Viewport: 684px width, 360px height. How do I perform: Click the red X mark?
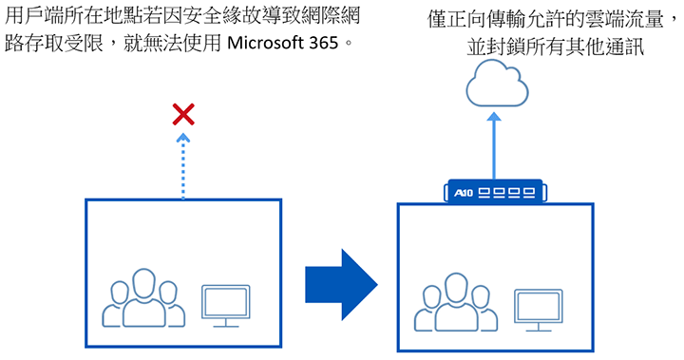click(183, 116)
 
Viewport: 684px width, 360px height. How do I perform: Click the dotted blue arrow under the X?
click(183, 167)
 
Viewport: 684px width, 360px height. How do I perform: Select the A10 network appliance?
click(498, 194)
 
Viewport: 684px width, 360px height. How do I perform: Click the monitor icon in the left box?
click(225, 305)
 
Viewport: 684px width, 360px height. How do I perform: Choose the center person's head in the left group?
click(142, 282)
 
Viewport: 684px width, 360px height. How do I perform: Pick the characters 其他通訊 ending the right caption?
click(600, 46)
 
